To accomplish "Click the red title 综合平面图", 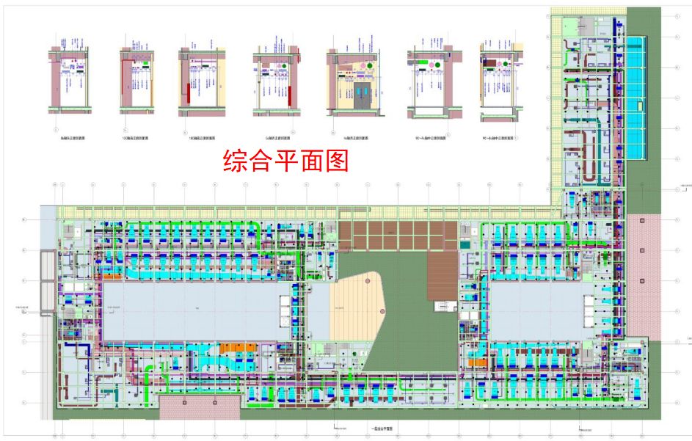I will pos(285,161).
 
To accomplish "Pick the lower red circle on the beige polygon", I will pos(382,313).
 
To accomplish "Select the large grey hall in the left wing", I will pos(191,312).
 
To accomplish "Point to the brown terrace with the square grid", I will pos(396,235).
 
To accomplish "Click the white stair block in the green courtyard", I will pos(442,306).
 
